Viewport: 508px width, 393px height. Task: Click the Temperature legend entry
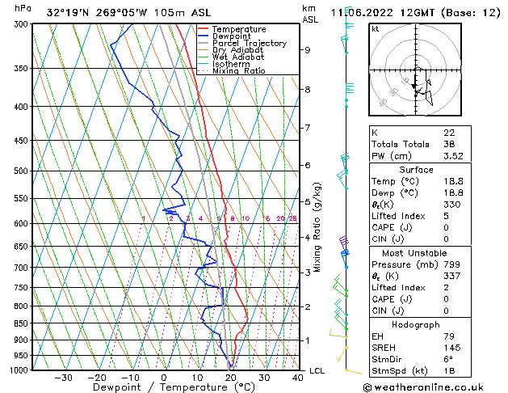click(240, 29)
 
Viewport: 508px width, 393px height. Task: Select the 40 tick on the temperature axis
click(298, 378)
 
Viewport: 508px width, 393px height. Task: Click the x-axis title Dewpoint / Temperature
click(157, 387)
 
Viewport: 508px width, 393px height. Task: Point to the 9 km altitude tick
click(308, 50)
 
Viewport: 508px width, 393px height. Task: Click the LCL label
click(317, 370)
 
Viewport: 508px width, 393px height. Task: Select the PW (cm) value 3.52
click(451, 156)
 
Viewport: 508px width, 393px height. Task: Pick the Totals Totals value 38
click(449, 144)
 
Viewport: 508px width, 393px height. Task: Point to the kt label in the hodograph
click(375, 28)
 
